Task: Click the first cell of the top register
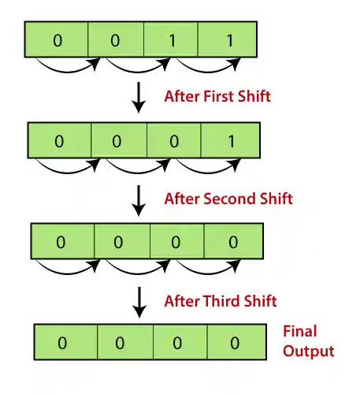tap(56, 39)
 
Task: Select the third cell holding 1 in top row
tap(173, 39)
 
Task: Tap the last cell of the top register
tap(228, 39)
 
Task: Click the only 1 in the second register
tap(232, 141)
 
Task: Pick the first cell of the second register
tap(59, 141)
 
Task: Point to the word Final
tap(301, 333)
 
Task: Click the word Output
tap(308, 351)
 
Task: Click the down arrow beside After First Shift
tap(139, 95)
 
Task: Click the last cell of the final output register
tap(234, 344)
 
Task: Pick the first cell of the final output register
tap(64, 344)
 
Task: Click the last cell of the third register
tap(233, 243)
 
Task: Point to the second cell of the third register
tap(118, 243)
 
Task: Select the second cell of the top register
tap(115, 39)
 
